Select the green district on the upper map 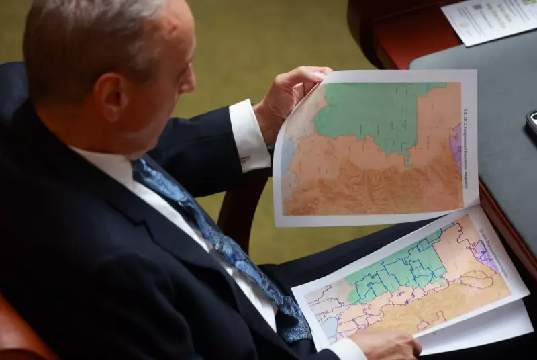[x=369, y=114]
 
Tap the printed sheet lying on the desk [x=490, y=20]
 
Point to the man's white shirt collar [x=107, y=161]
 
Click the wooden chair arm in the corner [x=20, y=336]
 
